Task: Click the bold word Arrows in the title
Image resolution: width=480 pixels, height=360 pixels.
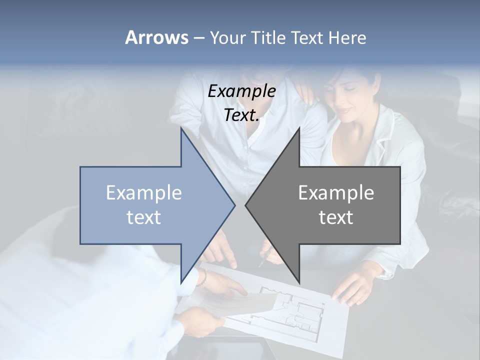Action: point(156,37)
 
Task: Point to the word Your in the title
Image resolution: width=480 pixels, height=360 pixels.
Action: point(227,37)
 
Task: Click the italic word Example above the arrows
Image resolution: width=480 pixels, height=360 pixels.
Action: point(241,91)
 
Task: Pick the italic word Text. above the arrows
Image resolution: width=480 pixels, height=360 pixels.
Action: point(241,115)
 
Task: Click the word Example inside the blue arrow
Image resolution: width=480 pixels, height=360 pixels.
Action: point(143,192)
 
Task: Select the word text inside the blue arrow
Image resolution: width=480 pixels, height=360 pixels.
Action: point(143,217)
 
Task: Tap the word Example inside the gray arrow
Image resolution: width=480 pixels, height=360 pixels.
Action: point(336,192)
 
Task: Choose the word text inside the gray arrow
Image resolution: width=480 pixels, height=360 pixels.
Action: point(336,217)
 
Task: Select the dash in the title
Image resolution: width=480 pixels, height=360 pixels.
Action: point(198,38)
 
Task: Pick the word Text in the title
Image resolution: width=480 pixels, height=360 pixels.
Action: point(306,37)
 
